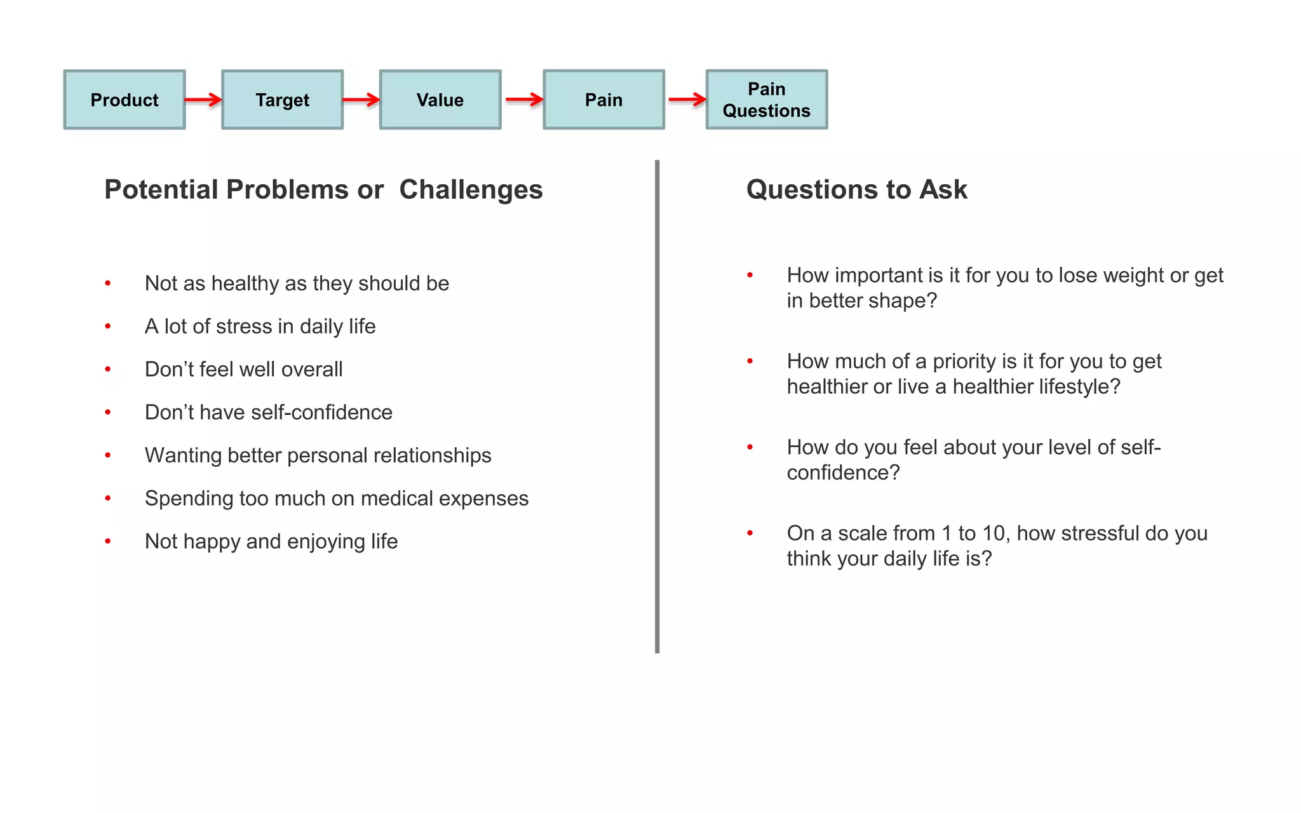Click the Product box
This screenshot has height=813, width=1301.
(125, 100)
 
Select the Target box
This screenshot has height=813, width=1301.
(282, 100)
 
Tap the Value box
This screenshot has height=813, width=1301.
(440, 100)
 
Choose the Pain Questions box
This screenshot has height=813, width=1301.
(766, 100)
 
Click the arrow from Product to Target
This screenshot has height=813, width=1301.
(203, 100)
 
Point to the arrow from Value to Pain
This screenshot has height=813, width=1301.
(524, 100)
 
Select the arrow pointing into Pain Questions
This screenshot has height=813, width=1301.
(687, 100)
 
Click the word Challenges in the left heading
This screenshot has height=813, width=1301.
(471, 189)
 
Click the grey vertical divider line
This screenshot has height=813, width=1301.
(657, 406)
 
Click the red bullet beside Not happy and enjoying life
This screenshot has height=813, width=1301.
(108, 541)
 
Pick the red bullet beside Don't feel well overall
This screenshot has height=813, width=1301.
(108, 369)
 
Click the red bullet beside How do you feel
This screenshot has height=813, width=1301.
(750, 447)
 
